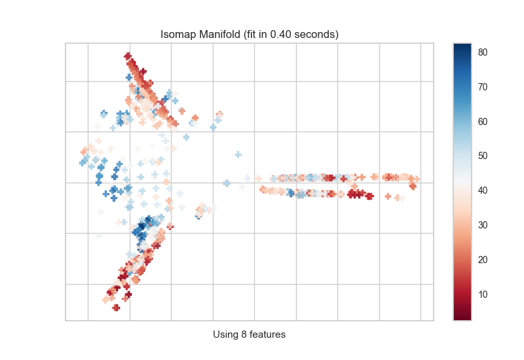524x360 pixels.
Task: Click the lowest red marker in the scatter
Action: (x=116, y=307)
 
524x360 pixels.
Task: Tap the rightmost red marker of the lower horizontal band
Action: (x=413, y=187)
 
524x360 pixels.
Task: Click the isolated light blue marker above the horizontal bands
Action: (x=238, y=154)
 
